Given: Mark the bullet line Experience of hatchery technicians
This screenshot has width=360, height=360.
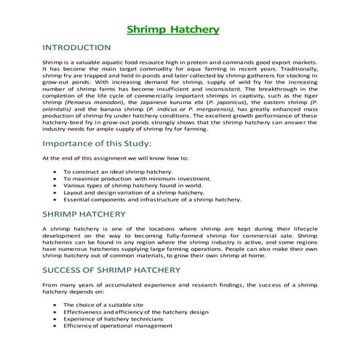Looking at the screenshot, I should tap(119, 319).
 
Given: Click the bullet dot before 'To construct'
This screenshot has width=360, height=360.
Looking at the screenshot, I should tap(56, 171).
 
